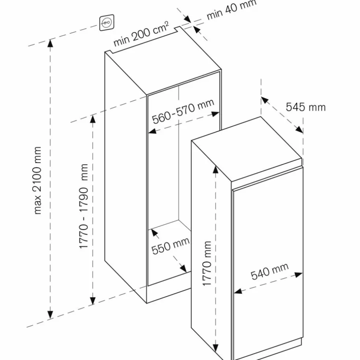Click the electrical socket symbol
pyautogui.click(x=107, y=23)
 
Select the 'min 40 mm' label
pyautogui.click(x=231, y=10)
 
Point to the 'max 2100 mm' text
pyautogui.click(x=37, y=180)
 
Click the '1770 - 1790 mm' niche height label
pyautogui.click(x=83, y=206)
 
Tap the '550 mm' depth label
pyautogui.click(x=170, y=246)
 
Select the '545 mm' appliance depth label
pyautogui.click(x=306, y=107)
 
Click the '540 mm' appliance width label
pyautogui.click(x=270, y=271)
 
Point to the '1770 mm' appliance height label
pyautogui.click(x=207, y=263)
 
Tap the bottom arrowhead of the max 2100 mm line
pyautogui.click(x=50, y=315)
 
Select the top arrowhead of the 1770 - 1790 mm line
pyautogui.click(x=93, y=119)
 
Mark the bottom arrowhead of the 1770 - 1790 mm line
pyautogui.click(x=93, y=301)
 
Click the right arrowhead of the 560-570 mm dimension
pyautogui.click(x=215, y=114)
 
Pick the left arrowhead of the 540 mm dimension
pyautogui.click(x=238, y=291)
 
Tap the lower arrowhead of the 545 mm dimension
pyautogui.click(x=299, y=130)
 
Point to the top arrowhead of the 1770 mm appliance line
pyautogui.click(x=215, y=169)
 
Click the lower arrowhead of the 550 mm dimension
pyautogui.click(x=183, y=269)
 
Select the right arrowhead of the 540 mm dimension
pyautogui.click(x=299, y=275)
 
